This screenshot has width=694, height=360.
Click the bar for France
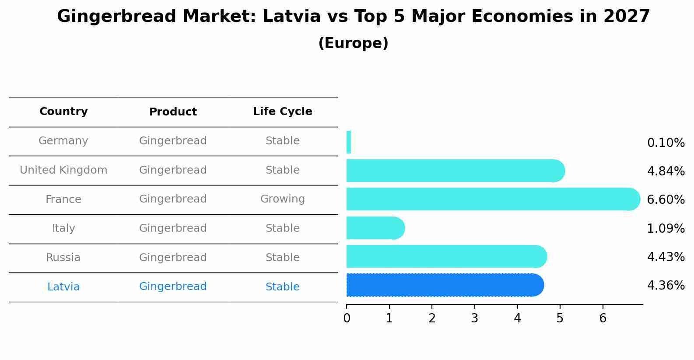tap(493, 199)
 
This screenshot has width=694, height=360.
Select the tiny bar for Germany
tap(349, 142)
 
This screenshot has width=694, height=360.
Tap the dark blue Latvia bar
tap(445, 285)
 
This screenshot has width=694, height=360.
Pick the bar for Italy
tap(375, 228)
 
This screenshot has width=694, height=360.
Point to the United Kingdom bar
tap(456, 171)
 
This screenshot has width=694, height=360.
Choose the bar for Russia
tap(447, 256)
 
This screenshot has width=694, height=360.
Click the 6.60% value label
tap(666, 199)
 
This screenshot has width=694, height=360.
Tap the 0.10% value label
tap(666, 143)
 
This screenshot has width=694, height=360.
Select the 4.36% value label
tap(666, 285)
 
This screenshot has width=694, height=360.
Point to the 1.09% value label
tap(666, 229)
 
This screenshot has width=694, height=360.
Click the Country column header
tap(63, 111)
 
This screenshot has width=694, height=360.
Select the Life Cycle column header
tap(283, 111)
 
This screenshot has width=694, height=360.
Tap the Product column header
tap(173, 112)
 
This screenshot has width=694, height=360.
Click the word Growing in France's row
tap(283, 199)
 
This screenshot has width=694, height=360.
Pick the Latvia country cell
tap(63, 287)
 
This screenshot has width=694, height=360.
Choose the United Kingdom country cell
tap(63, 170)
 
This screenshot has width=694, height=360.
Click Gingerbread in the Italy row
tap(173, 228)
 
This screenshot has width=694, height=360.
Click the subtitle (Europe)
tap(353, 43)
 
